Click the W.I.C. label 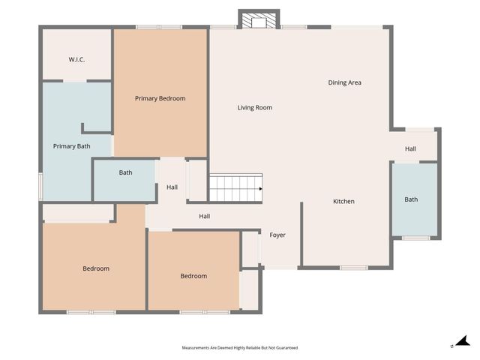tap(76, 59)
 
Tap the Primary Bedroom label tap(160, 98)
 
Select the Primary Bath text tap(71, 146)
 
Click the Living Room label tap(254, 108)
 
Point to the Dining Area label tap(344, 82)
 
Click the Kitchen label tap(343, 201)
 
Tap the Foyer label tap(277, 235)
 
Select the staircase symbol tap(235, 188)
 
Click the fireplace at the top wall tap(259, 20)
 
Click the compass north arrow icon tap(462, 342)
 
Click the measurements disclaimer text tap(239, 348)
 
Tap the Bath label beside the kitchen tap(411, 199)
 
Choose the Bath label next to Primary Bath tap(125, 172)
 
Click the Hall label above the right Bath tap(410, 148)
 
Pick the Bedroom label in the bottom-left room tap(96, 268)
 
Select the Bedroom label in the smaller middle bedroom tap(193, 276)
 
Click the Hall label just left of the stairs tap(172, 187)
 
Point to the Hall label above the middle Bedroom tap(204, 217)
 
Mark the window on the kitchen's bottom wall tap(353, 268)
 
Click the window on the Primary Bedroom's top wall tap(159, 28)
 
